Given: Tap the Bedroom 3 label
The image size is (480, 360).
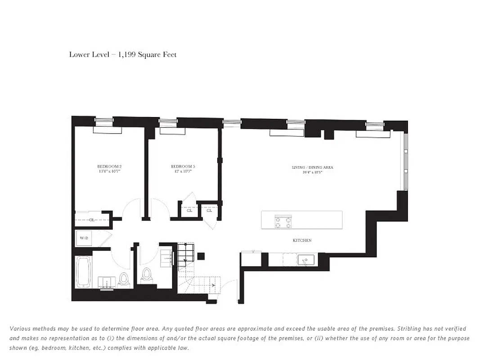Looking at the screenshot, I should pos(183,166).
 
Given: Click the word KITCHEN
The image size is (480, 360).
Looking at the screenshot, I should pos(302,241).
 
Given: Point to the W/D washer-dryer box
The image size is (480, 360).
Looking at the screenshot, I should pos(84,238).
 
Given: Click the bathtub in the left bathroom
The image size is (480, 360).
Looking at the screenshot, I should pos(84,271).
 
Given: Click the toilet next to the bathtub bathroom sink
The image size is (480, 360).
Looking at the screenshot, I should pos(124,280).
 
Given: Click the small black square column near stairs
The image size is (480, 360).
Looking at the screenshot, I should pos(201,256).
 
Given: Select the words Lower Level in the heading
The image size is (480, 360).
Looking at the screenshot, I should pos(88,55).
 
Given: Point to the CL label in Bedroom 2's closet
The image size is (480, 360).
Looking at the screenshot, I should pos(91,220).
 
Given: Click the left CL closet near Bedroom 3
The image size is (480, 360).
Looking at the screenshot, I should pos(189,211).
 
